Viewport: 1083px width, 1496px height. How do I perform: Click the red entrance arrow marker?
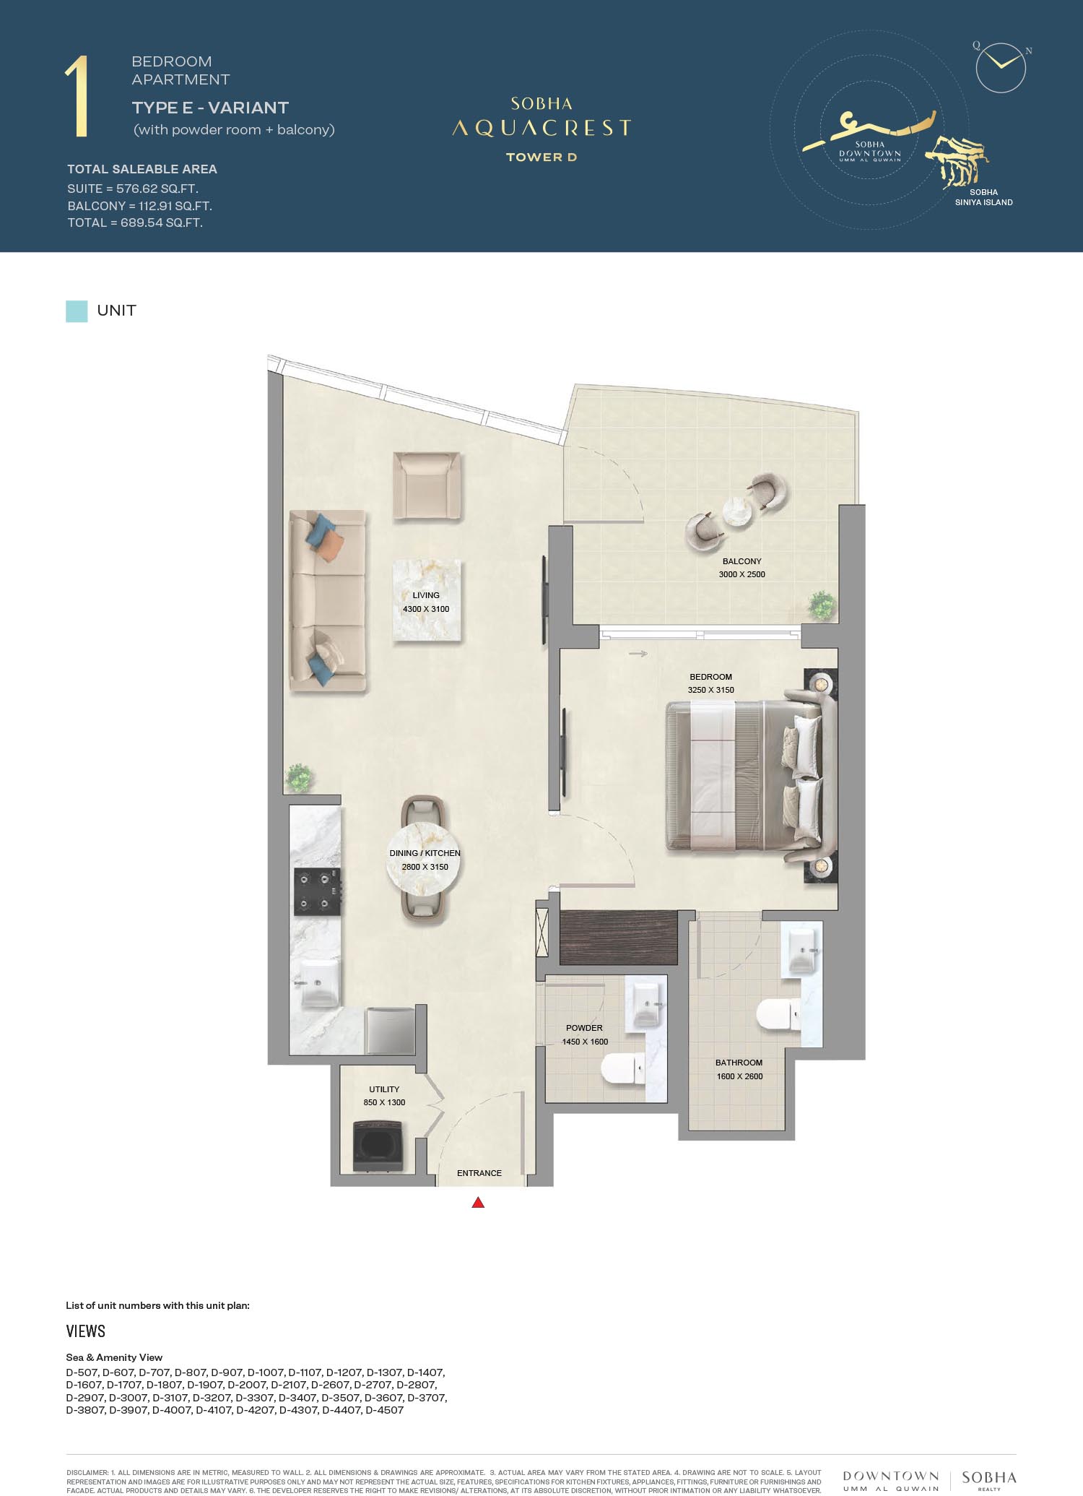click(478, 1202)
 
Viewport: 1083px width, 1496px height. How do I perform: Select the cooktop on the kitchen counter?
click(317, 892)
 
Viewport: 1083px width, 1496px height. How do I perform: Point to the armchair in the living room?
click(427, 485)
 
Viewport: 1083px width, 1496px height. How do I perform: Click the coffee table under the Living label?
click(427, 600)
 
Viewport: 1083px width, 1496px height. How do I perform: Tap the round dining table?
click(423, 859)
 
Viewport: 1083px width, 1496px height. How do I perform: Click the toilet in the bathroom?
click(778, 1015)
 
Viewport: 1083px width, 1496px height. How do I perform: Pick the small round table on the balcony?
click(738, 512)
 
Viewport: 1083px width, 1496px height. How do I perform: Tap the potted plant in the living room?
click(298, 778)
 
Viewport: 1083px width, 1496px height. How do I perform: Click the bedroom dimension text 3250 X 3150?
click(711, 690)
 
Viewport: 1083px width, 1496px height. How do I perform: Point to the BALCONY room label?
click(742, 561)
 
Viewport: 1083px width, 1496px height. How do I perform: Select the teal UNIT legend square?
click(77, 311)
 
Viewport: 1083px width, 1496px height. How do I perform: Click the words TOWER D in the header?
click(541, 157)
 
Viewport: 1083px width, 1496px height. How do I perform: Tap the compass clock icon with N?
click(1001, 68)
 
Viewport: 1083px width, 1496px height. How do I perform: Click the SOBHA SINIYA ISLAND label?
click(983, 197)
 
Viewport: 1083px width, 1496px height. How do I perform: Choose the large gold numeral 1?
click(77, 96)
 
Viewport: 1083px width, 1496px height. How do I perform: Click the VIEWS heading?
click(86, 1331)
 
